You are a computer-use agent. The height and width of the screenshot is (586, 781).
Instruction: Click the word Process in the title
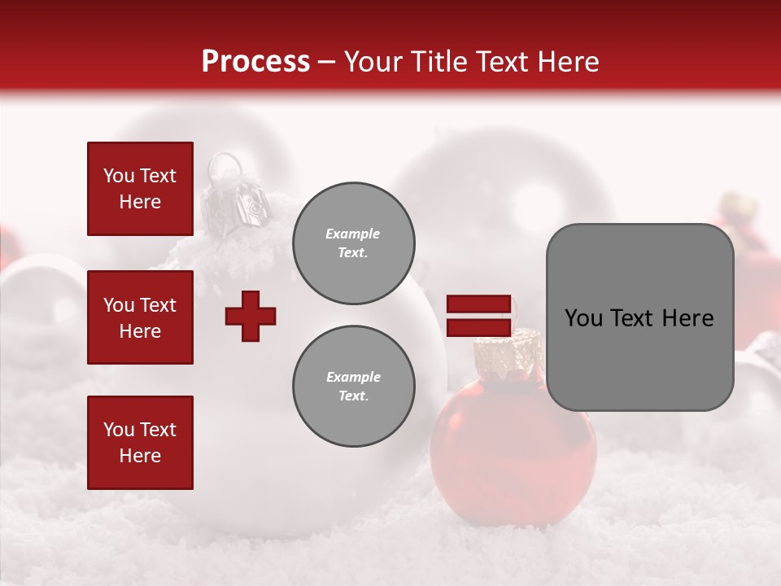pyautogui.click(x=255, y=62)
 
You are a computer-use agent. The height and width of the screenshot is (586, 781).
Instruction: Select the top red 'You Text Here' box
pyautogui.click(x=140, y=189)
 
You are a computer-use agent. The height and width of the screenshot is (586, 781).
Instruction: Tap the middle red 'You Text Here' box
pyautogui.click(x=140, y=317)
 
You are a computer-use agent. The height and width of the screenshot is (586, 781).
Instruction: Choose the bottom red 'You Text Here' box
pyautogui.click(x=140, y=443)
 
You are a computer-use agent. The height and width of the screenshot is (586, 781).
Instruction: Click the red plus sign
pyautogui.click(x=251, y=316)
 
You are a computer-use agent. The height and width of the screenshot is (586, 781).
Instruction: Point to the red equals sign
pyautogui.click(x=478, y=316)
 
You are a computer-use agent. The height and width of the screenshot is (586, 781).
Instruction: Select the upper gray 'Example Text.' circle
pyautogui.click(x=354, y=243)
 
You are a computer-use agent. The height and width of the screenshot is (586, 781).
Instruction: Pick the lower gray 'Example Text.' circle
pyautogui.click(x=354, y=387)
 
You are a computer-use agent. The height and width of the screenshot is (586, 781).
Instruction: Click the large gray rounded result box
pyautogui.click(x=639, y=317)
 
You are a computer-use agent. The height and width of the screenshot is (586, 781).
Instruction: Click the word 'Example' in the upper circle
pyautogui.click(x=352, y=234)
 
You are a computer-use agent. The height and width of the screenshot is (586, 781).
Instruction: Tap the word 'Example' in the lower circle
pyautogui.click(x=353, y=377)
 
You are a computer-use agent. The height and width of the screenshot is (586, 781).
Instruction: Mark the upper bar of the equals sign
pyautogui.click(x=478, y=304)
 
